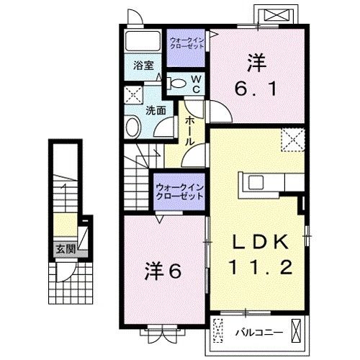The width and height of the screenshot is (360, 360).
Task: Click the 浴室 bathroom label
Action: pyautogui.click(x=143, y=65)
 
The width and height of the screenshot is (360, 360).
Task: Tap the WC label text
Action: pyautogui.click(x=194, y=84)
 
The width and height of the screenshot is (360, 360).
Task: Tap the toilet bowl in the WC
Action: pyautogui.click(x=176, y=83)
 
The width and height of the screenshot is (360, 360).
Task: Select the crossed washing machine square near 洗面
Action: pyautogui.click(x=132, y=94)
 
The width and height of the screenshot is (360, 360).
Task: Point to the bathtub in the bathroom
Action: pyautogui.click(x=142, y=40)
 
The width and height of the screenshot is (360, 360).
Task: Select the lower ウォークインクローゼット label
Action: pyautogui.click(x=179, y=192)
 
